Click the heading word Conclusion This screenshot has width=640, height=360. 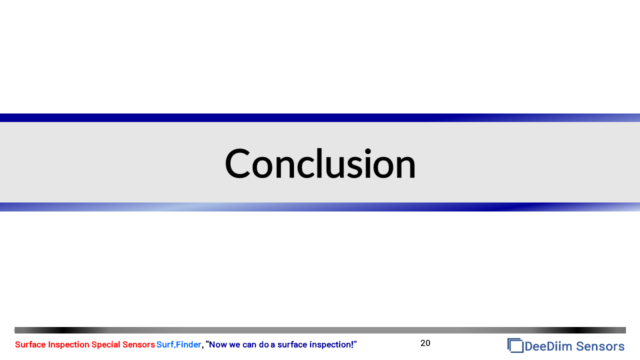point(320,163)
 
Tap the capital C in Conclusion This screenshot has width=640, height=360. point(237,163)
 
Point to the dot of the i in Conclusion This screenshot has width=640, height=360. point(367,151)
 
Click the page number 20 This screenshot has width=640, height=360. point(425,343)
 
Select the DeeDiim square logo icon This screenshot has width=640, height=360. point(515,345)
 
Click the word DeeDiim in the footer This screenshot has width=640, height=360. point(548,346)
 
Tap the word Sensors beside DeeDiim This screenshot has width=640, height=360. point(600,346)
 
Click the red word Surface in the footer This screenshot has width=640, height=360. point(30,344)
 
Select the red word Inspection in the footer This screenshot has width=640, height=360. point(68,345)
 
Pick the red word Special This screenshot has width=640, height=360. point(105,345)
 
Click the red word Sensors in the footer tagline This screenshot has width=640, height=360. point(138,344)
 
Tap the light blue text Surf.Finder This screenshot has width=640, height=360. point(179,344)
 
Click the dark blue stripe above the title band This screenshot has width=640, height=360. point(320,117)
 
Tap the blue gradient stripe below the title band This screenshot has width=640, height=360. point(320,207)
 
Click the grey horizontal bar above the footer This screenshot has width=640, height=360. point(320,330)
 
